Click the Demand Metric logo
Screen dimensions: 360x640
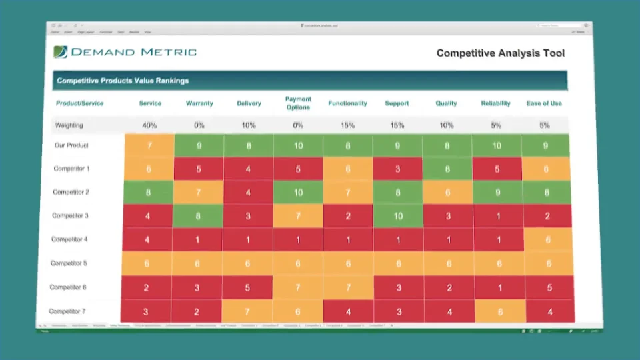[125, 52]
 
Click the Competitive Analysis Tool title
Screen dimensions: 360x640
[500, 53]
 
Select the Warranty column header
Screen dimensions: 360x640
[199, 103]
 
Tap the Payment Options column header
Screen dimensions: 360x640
[298, 103]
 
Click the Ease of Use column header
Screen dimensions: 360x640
[544, 103]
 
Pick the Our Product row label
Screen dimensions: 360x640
[71, 145]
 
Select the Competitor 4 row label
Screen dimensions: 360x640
[69, 239]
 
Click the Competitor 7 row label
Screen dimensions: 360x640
[67, 311]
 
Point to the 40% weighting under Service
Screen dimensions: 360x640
[149, 125]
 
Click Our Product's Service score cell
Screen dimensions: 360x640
[149, 145]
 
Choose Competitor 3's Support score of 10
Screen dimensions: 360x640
[398, 216]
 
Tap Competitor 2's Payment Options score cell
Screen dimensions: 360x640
[298, 192]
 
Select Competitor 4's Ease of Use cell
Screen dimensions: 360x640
[547, 240]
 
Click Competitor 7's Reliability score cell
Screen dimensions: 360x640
[497, 311]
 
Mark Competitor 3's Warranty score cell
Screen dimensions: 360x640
[198, 216]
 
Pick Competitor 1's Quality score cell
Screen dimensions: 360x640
[447, 169]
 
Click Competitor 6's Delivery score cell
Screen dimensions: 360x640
[247, 287]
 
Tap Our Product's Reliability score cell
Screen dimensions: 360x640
[496, 145]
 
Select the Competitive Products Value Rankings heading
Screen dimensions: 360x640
[123, 81]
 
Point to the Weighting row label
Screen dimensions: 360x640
[69, 125]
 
